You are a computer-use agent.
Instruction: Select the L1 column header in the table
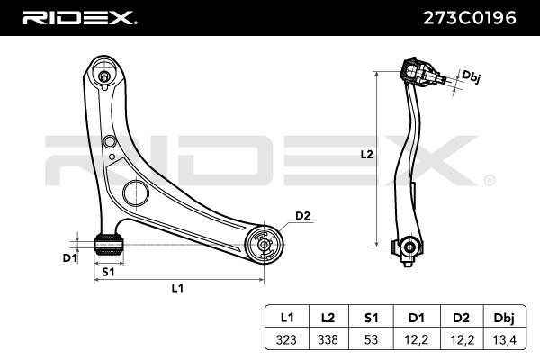(287, 318)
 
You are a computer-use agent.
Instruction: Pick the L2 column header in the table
(328, 318)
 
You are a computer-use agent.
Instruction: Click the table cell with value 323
(287, 339)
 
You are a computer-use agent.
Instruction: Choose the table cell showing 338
(328, 339)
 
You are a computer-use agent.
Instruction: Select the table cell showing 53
(370, 339)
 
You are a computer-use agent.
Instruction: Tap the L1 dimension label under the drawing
(177, 288)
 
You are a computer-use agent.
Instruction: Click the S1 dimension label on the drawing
(107, 271)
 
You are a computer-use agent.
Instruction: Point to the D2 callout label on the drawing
(302, 215)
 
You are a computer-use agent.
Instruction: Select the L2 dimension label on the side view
(366, 154)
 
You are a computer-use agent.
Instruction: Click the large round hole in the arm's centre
(134, 193)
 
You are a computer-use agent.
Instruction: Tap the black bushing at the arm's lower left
(107, 241)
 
